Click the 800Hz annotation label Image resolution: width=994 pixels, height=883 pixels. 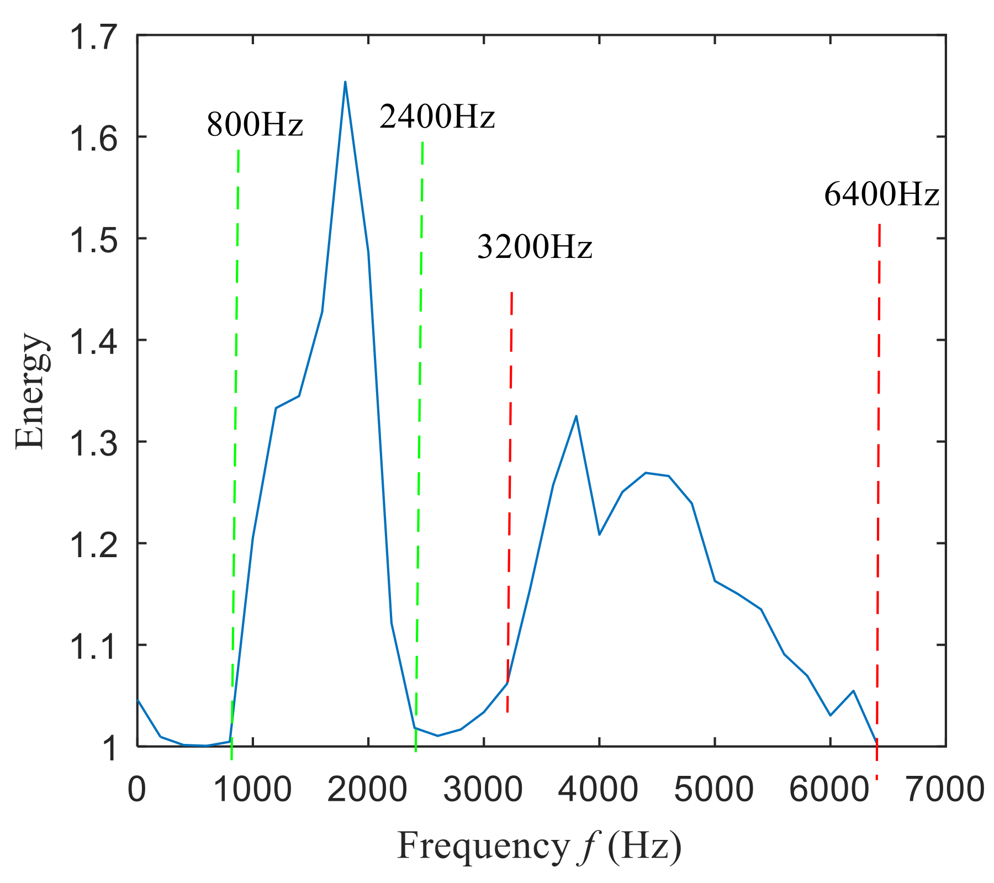tap(255, 125)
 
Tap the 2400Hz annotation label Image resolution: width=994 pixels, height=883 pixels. tap(437, 117)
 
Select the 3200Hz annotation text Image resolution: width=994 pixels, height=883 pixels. tap(534, 247)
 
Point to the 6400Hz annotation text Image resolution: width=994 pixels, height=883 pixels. tap(881, 195)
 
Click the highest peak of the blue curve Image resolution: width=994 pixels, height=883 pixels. tap(345, 82)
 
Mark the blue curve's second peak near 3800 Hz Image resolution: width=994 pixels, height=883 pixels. tap(576, 416)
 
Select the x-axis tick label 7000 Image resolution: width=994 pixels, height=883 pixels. tap(945, 790)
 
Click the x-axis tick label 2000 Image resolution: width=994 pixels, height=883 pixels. tap(368, 790)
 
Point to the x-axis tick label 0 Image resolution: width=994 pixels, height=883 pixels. tap(137, 790)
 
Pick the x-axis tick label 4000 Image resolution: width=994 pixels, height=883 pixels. tap(599, 790)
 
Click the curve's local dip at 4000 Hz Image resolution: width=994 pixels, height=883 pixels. tap(599, 534)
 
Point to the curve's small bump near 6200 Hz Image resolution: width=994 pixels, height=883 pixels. tap(853, 691)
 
